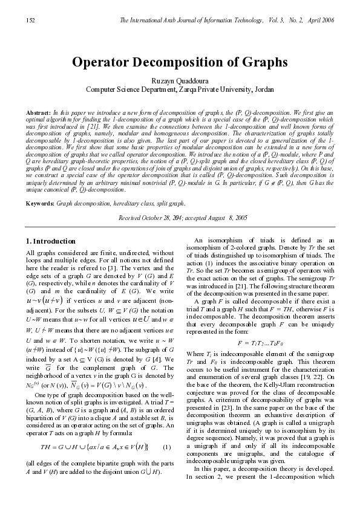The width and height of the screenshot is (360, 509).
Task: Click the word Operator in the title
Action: tap(104, 62)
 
